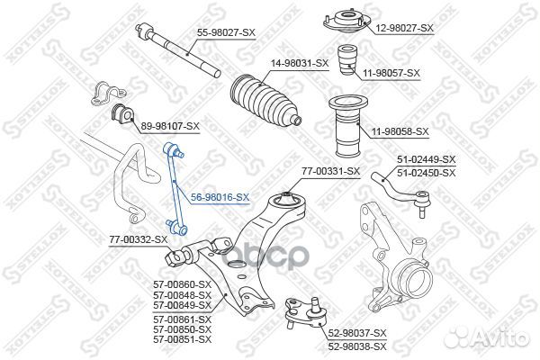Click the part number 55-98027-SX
[x=227, y=32]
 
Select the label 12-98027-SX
[x=403, y=28]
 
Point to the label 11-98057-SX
[x=390, y=72]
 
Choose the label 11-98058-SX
[x=396, y=131]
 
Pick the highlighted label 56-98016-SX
[x=220, y=196]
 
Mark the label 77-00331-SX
[x=329, y=171]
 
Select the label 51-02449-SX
[x=427, y=162]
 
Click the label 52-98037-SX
[x=355, y=333]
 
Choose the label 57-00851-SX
[x=183, y=339]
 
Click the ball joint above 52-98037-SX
[x=300, y=310]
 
